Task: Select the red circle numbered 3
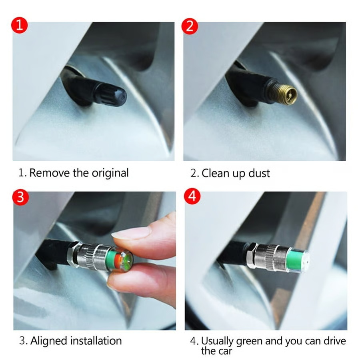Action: tap(20, 197)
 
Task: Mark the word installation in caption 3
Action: tap(96, 341)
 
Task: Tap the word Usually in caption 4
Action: tap(218, 341)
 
